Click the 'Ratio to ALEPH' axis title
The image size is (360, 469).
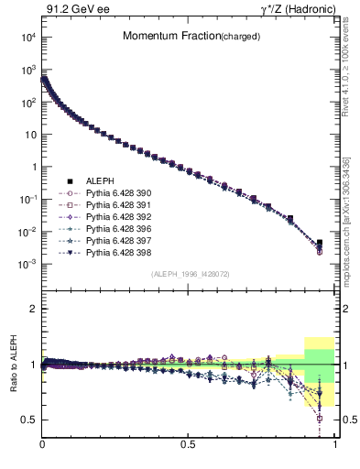click(x=13, y=365)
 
